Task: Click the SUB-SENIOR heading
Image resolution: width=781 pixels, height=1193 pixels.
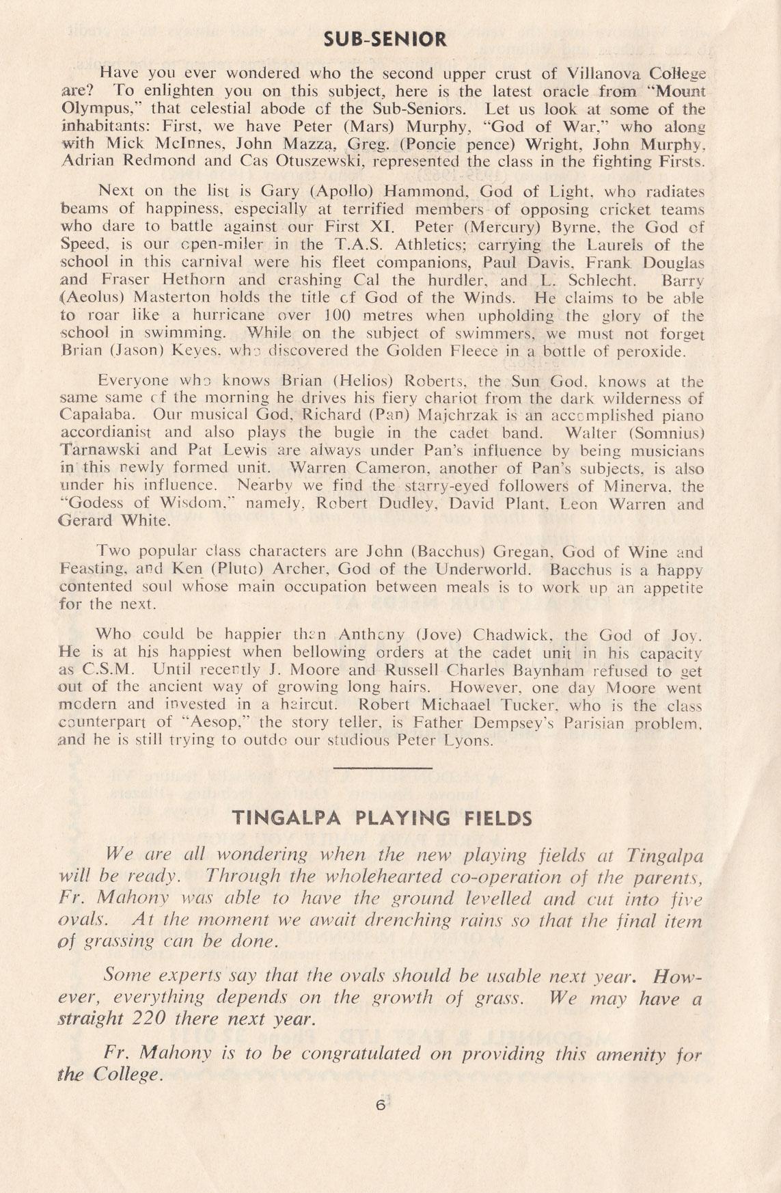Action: coord(385,39)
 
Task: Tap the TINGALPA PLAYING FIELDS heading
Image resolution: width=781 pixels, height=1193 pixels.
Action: coord(382,818)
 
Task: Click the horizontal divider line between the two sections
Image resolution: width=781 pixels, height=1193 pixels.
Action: coord(383,768)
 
